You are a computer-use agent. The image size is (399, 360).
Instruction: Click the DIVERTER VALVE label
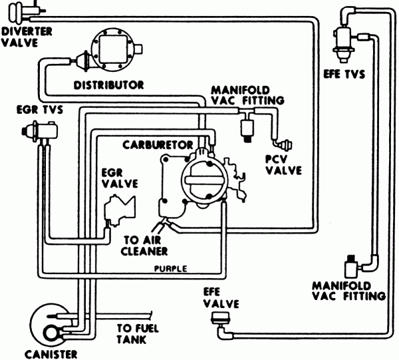coord(19,37)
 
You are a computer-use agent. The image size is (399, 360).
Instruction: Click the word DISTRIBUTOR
coord(109,85)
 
